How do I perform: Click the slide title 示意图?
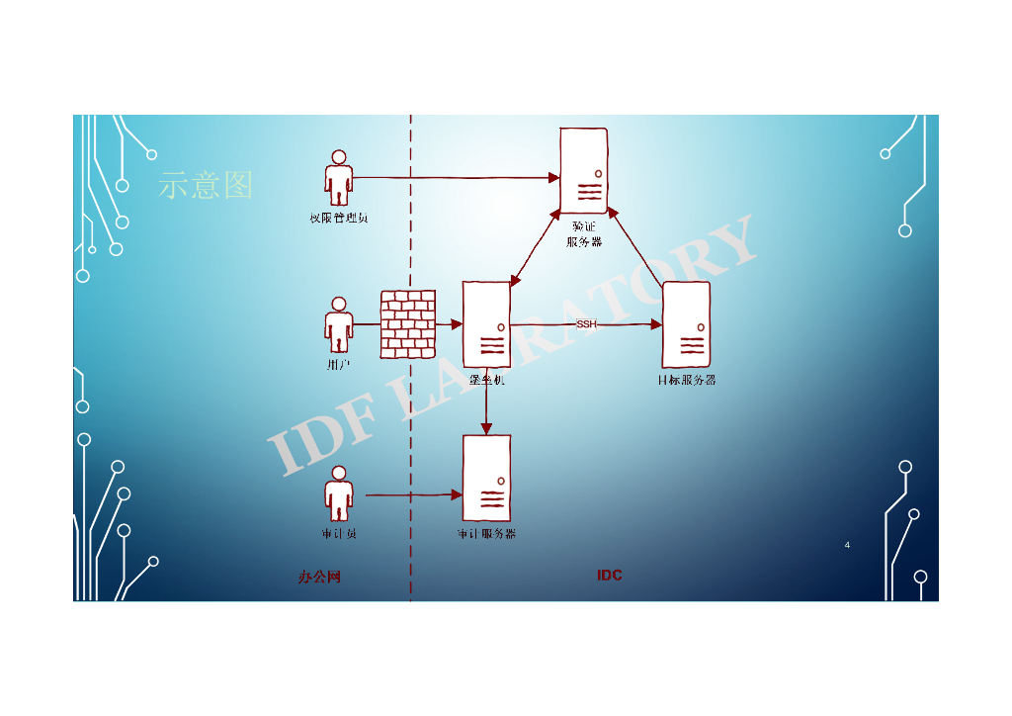(206, 185)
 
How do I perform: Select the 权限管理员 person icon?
(339, 179)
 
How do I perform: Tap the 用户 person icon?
(339, 325)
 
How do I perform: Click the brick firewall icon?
(408, 324)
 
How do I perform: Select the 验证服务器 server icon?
(583, 170)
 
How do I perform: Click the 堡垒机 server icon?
(487, 324)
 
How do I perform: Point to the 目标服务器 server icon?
(686, 324)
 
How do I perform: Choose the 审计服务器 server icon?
(487, 478)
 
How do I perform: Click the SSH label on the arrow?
(586, 324)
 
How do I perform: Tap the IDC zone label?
(610, 576)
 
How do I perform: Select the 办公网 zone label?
(319, 577)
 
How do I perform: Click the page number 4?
(847, 545)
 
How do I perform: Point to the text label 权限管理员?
(339, 218)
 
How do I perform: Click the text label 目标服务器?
(687, 380)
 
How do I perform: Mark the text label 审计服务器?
(486, 534)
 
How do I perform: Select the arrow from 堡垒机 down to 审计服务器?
(486, 405)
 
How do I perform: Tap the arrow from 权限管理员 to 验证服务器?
(455, 178)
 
